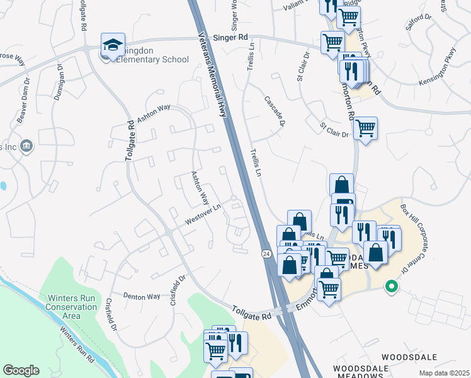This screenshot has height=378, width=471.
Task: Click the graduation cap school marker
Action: tap(113, 45)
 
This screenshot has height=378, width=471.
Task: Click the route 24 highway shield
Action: tap(267, 253)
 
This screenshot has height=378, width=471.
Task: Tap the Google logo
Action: tap(21, 370)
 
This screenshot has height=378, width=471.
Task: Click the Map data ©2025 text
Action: tap(444, 373)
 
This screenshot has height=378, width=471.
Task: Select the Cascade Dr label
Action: tap(275, 110)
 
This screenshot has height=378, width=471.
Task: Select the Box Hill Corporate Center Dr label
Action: tap(421, 234)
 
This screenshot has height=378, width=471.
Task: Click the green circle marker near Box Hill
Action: tap(391, 287)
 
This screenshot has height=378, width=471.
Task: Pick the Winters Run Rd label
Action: tap(77, 345)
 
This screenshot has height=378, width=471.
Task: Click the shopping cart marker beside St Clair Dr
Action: tap(365, 129)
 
